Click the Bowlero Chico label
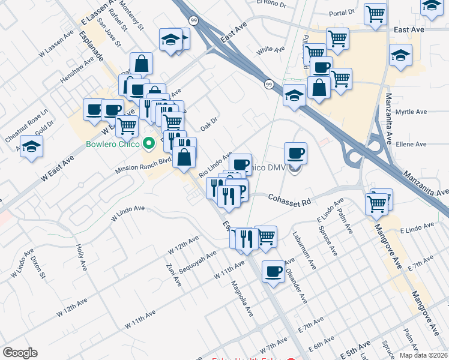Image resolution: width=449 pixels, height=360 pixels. tap(112, 144)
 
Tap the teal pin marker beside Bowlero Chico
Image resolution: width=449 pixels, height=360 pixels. tap(150, 144)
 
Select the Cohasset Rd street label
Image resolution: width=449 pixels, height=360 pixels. tap(289, 199)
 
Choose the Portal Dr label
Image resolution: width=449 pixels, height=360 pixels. tap(342, 12)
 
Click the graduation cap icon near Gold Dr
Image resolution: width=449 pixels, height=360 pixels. tap(31, 146)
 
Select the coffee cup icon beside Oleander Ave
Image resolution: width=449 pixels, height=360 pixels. tap(273, 271)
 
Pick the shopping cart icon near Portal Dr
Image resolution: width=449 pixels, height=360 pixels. tap(376, 13)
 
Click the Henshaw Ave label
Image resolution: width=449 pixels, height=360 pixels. tap(77, 70)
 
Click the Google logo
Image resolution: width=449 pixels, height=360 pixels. tap(20, 353)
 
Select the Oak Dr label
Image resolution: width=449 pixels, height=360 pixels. tap(208, 124)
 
